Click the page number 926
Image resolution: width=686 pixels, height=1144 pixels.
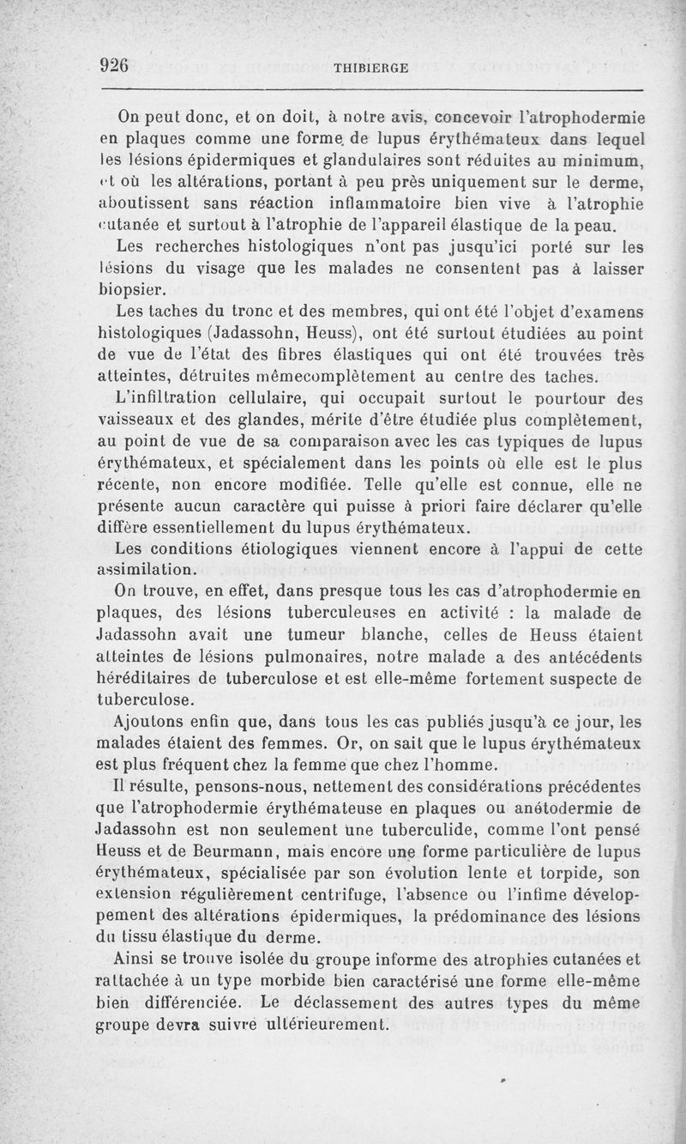(x=114, y=65)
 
